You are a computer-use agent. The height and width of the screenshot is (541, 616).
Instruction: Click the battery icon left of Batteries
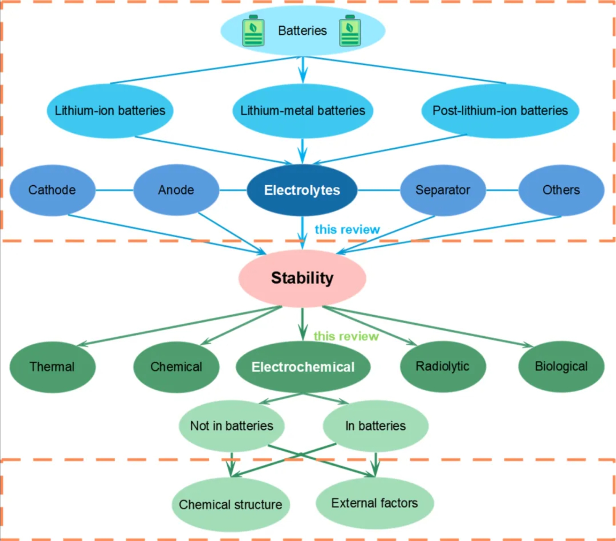(253, 31)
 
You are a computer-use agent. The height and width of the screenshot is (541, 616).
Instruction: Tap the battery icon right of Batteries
(350, 31)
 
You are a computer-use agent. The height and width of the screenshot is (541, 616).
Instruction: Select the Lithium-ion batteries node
(110, 111)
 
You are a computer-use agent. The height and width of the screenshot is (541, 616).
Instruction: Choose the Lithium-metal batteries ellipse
(302, 111)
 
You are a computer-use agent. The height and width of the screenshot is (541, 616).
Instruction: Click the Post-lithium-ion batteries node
(500, 111)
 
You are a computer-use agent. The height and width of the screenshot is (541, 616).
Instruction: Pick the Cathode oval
(52, 190)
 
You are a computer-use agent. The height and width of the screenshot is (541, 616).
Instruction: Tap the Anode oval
(176, 190)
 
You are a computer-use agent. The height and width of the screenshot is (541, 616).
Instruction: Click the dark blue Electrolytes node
(302, 190)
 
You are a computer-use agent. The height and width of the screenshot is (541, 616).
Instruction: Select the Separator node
(443, 190)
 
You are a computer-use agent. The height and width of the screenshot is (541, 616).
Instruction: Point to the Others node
(561, 190)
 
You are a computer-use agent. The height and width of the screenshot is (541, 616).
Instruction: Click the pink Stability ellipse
(302, 278)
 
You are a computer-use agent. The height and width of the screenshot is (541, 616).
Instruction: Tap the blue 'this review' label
(347, 230)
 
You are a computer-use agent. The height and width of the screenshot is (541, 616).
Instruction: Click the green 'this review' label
(346, 336)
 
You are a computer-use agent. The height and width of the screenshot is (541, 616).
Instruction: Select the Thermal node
(52, 367)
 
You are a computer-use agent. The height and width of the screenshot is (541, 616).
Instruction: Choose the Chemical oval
(176, 367)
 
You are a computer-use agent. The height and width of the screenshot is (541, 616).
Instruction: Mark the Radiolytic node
(443, 366)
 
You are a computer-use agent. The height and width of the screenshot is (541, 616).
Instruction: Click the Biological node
(561, 366)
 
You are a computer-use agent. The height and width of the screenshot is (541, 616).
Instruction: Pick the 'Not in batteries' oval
(232, 426)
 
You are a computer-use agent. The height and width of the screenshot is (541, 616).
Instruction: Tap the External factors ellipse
(375, 503)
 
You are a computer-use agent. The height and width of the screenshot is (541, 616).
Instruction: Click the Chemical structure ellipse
(230, 505)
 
